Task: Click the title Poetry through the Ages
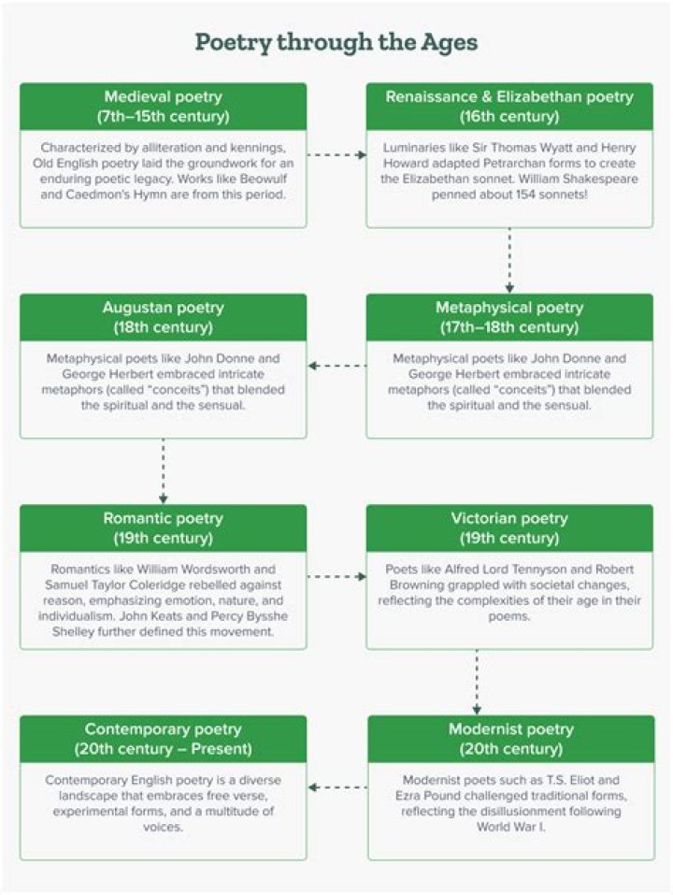point(336,43)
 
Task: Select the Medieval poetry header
point(164,107)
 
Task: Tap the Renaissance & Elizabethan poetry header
point(509,107)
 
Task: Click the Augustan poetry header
point(164,317)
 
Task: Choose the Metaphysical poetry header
point(509,317)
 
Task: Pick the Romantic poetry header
point(164,528)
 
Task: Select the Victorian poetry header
point(509,528)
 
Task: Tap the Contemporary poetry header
point(164,739)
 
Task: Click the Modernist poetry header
point(511,739)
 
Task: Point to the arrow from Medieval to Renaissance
point(336,154)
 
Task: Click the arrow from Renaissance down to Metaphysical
point(509,260)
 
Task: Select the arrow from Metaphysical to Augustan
point(337,366)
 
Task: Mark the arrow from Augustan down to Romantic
point(164,471)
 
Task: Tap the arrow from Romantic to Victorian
point(336,576)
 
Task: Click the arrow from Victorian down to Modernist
point(477,682)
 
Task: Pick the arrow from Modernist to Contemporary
point(337,787)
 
